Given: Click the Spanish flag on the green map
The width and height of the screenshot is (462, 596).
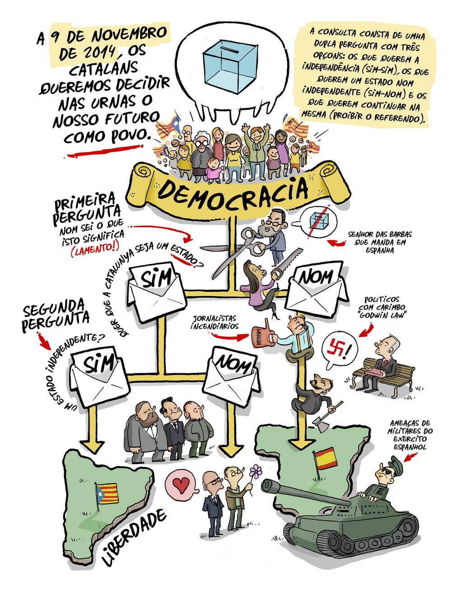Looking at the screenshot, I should click(324, 456).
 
